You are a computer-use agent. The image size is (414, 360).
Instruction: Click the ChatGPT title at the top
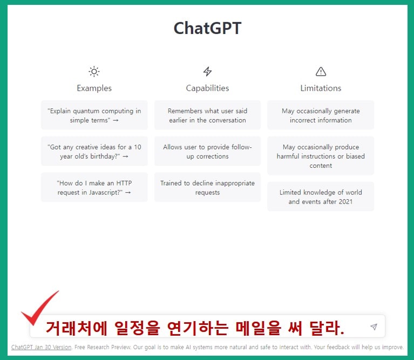tap(207, 29)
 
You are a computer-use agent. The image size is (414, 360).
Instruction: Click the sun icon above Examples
tap(94, 71)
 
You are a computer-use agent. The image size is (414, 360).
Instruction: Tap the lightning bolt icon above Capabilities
tap(207, 71)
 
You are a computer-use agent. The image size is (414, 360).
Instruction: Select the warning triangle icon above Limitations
tap(321, 71)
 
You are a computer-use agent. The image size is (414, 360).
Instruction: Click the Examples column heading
tap(94, 88)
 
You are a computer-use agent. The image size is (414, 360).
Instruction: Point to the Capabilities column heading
tap(207, 88)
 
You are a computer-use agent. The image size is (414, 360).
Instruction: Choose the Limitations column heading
tap(321, 88)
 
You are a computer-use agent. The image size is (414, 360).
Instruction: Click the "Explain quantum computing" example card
tap(94, 116)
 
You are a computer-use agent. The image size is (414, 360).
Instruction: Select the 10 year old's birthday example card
tap(94, 152)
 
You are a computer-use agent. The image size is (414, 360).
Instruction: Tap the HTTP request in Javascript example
tap(94, 187)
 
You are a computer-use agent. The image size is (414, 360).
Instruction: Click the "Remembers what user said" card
tap(207, 116)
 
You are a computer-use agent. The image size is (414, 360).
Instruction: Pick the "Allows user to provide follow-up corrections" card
tap(207, 152)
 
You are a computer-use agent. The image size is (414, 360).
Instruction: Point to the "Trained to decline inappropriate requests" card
tap(207, 187)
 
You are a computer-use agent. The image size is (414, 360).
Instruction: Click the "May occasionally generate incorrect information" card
tap(321, 116)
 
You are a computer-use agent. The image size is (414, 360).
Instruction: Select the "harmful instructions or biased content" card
tap(321, 156)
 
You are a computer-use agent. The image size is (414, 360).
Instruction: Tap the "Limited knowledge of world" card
tap(321, 196)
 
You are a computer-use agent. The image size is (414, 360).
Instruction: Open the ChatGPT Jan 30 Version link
tap(41, 347)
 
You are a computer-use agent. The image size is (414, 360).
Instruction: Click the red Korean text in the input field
tap(195, 327)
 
